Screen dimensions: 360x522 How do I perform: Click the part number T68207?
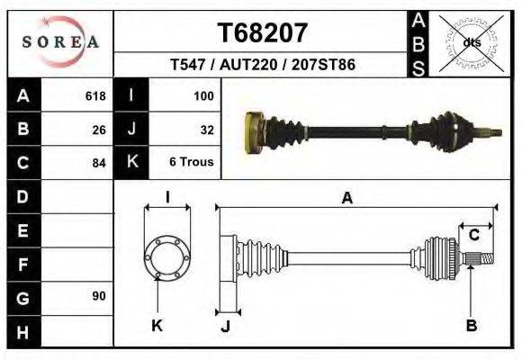(x=263, y=32)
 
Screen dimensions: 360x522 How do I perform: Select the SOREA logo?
(x=60, y=41)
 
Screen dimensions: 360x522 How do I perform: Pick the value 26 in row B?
(x=99, y=130)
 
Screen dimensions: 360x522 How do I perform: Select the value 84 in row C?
(x=99, y=163)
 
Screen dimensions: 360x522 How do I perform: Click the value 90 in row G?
(x=99, y=296)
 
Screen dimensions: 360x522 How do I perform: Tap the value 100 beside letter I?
(x=202, y=96)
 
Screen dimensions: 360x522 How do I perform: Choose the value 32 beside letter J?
(x=206, y=130)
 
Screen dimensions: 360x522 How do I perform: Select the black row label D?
(x=23, y=196)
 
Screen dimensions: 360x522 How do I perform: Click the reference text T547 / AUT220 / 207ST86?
(x=263, y=66)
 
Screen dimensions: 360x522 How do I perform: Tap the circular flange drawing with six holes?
(x=166, y=257)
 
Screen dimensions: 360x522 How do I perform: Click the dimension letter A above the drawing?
(x=346, y=199)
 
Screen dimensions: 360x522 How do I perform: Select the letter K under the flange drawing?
(x=157, y=326)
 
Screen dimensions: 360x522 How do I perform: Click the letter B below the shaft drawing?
(x=471, y=326)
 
